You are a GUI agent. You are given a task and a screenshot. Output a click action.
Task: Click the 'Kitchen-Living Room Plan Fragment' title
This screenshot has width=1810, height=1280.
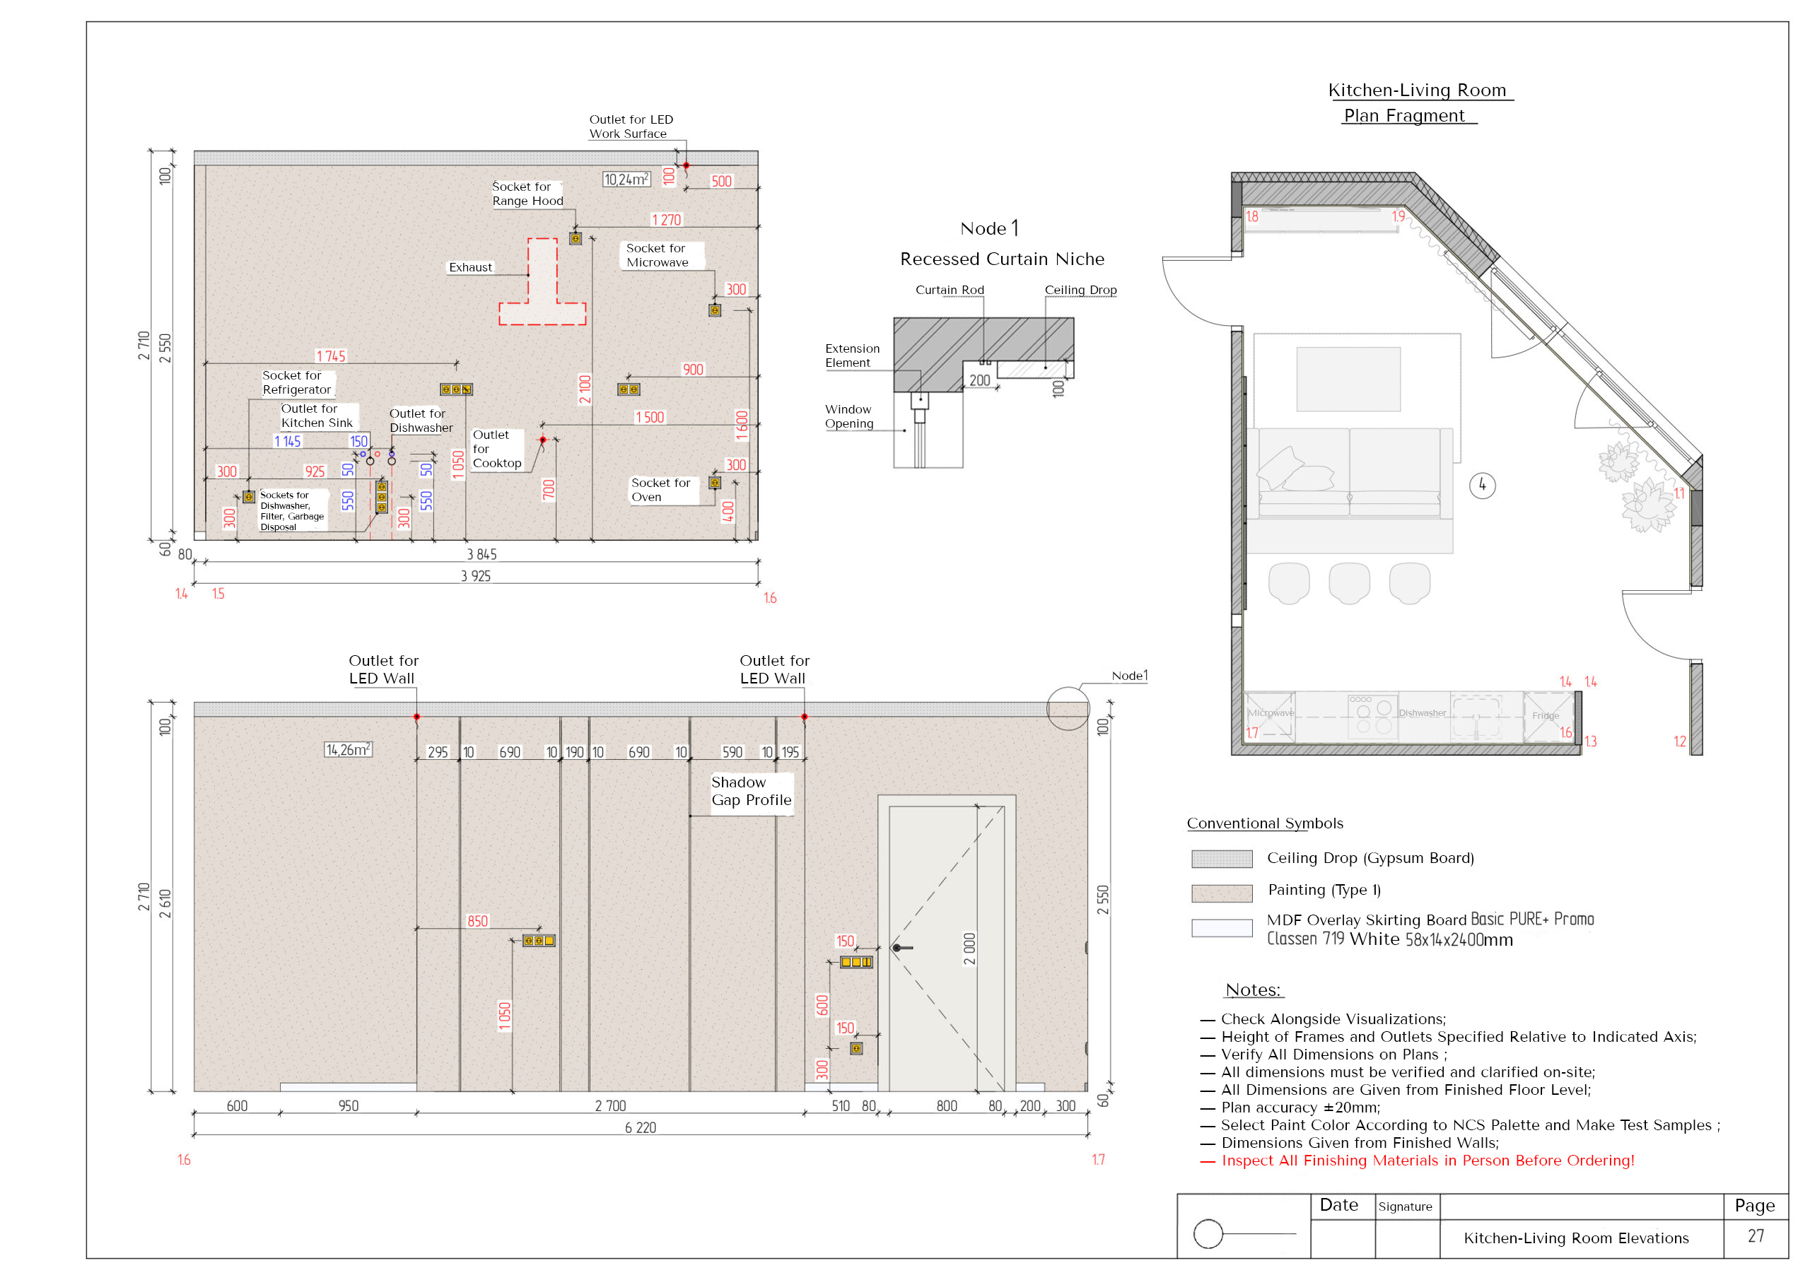pos(1416,102)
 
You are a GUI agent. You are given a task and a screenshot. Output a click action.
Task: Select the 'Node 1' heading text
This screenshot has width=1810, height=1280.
pos(989,228)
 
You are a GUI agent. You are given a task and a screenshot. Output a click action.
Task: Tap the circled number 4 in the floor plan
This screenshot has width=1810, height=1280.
pos(1482,485)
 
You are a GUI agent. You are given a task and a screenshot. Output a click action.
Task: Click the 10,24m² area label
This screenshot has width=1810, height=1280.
pos(626,180)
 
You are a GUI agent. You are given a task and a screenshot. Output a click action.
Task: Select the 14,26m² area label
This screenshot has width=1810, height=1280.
pos(348,750)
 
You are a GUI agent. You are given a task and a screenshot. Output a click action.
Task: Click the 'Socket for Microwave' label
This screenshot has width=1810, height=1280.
pos(657,255)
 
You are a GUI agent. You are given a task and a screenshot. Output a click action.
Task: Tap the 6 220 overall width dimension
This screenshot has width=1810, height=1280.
pos(640,1128)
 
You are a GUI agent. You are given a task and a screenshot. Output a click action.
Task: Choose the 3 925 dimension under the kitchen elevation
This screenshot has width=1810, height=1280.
pos(475,576)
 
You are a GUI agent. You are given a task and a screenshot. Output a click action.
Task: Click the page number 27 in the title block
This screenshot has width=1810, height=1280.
pos(1756,1236)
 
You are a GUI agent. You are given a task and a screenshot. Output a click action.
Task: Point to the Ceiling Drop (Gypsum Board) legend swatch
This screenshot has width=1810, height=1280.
pos(1221,858)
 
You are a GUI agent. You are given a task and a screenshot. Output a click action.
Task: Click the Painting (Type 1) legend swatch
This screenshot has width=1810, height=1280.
pos(1221,893)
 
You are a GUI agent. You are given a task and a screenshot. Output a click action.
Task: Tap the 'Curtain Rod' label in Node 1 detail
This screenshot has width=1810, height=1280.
pos(949,290)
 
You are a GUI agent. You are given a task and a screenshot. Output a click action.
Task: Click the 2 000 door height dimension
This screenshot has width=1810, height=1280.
pos(969,949)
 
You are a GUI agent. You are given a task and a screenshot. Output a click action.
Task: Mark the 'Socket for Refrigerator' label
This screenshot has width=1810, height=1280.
pos(296,382)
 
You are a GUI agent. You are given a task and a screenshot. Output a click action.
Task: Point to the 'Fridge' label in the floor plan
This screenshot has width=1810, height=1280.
pos(1545,716)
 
